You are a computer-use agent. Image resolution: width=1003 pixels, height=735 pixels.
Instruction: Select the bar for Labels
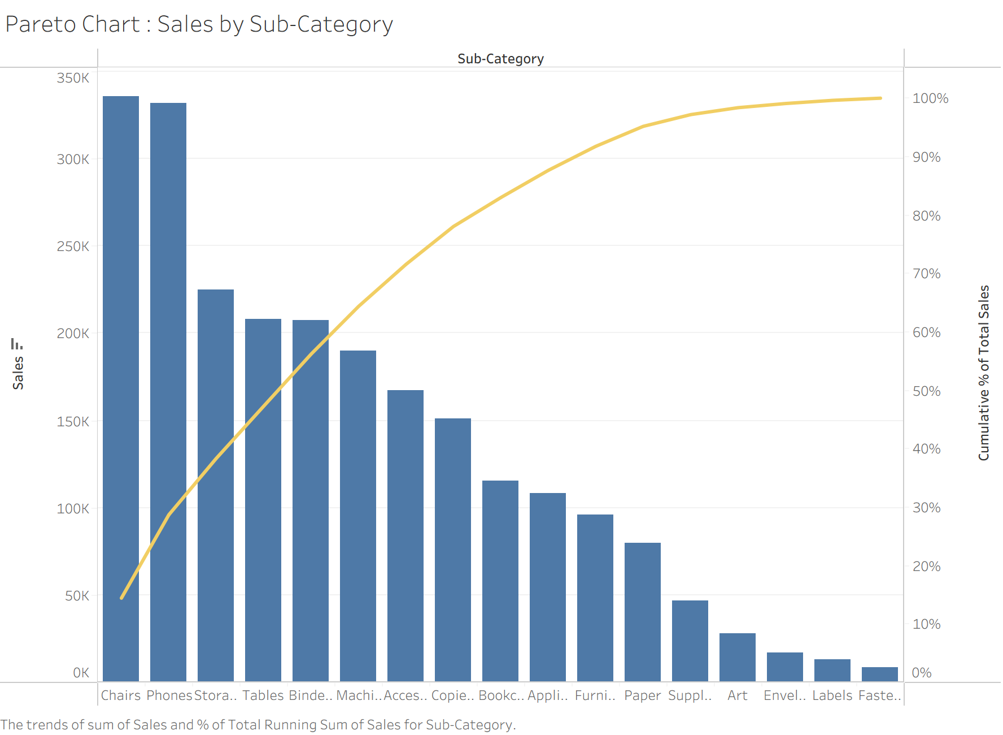tap(832, 670)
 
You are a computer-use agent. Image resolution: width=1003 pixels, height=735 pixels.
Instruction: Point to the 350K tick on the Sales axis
tap(73, 78)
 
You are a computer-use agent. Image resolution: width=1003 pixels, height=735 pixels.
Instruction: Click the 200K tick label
tap(73, 334)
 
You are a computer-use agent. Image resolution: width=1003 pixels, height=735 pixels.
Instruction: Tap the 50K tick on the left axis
tap(77, 596)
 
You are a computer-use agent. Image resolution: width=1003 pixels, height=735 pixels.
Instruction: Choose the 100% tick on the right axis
tap(930, 98)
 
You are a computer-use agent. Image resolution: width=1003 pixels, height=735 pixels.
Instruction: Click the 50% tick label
tap(927, 391)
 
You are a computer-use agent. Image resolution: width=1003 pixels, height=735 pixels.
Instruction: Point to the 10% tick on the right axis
tap(927, 624)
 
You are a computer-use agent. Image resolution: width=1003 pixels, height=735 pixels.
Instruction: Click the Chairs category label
tap(121, 695)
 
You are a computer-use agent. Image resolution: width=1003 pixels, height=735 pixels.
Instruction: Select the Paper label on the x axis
tap(643, 695)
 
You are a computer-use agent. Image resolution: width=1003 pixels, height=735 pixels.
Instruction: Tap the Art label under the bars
tap(738, 695)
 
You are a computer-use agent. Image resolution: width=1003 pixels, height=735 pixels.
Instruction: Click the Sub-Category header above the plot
tap(500, 59)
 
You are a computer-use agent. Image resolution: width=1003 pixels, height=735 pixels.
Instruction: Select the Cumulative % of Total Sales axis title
tap(984, 373)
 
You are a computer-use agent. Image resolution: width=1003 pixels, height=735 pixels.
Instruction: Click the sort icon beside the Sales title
tap(17, 344)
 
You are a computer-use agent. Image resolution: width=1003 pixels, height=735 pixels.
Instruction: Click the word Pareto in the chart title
tap(41, 24)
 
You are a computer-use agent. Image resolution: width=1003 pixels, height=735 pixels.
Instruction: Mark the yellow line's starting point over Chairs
tap(122, 598)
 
